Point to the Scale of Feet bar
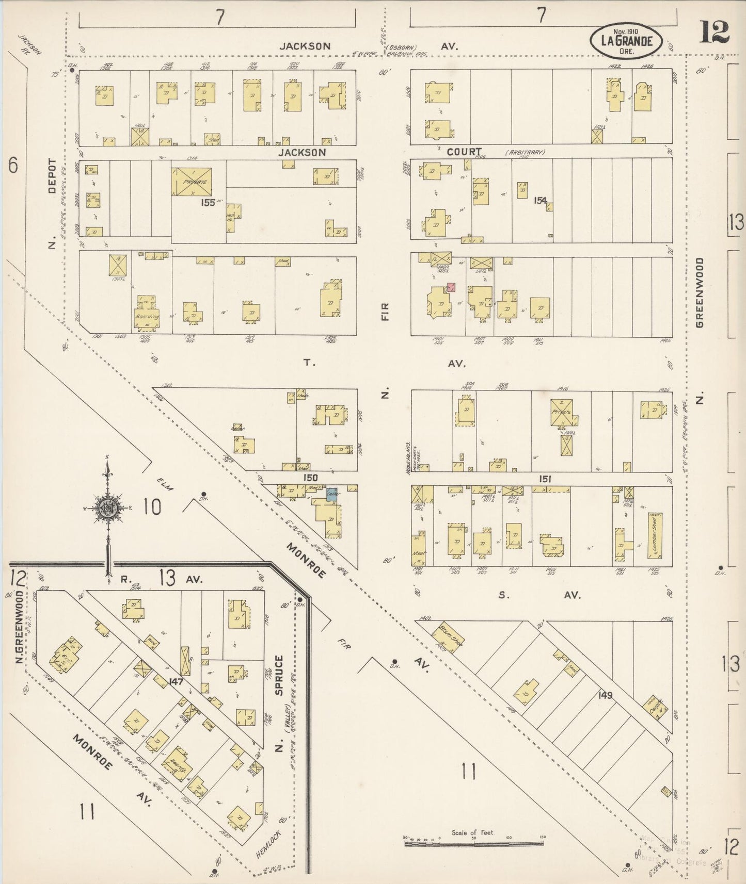(473, 844)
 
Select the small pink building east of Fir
(451, 287)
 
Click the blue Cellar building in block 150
(332, 494)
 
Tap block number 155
(208, 203)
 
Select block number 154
(540, 200)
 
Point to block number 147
(176, 681)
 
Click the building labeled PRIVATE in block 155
(192, 181)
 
